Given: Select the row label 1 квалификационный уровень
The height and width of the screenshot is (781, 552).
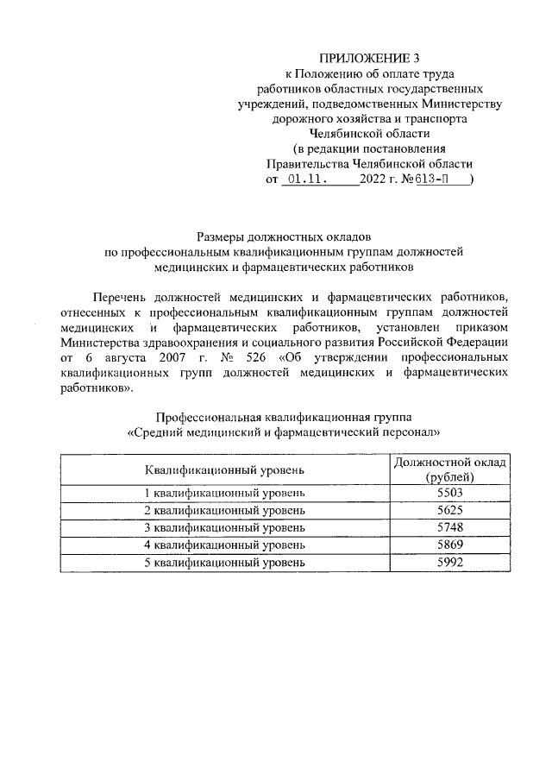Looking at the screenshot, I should tap(224, 493).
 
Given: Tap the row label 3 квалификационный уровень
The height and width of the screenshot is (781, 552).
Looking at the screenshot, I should tap(224, 527).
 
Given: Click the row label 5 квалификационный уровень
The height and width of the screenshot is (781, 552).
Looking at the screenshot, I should tap(224, 562).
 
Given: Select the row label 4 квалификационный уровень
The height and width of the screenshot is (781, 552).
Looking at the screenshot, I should tap(224, 545).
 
